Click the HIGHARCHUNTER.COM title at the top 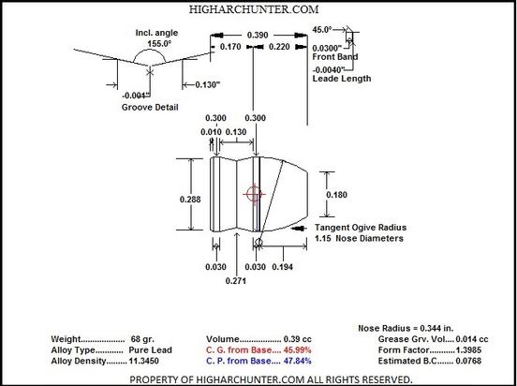click(x=254, y=9)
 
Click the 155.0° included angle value click(x=159, y=43)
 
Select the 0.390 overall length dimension click(x=258, y=35)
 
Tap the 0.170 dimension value click(x=230, y=47)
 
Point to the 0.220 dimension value click(x=279, y=47)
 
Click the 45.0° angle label click(x=322, y=30)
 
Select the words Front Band click(x=335, y=57)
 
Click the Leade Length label click(x=342, y=79)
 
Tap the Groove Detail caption click(x=150, y=107)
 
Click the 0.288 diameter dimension click(x=190, y=200)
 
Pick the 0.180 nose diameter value click(x=336, y=195)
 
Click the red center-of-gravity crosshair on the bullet click(x=254, y=194)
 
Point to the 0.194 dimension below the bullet click(x=282, y=267)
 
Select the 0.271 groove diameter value click(x=235, y=281)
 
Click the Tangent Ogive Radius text click(x=361, y=228)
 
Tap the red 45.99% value click(x=297, y=350)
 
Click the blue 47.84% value click(x=297, y=361)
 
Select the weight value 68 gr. click(x=142, y=339)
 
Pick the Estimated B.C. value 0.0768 click(x=468, y=361)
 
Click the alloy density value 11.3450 click(x=143, y=361)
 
